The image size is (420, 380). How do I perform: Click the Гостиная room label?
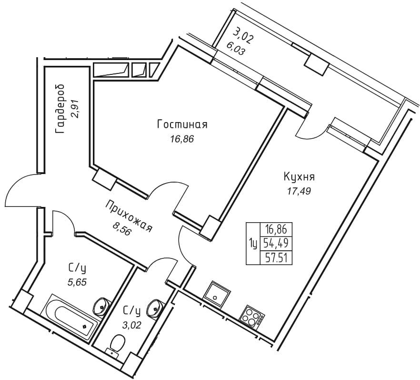tap(182, 125)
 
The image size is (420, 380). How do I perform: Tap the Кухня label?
tap(299, 177)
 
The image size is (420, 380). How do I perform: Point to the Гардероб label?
tap(60, 109)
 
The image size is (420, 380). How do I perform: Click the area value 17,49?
tap(299, 191)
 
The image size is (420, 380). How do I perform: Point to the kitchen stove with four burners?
tap(252, 318)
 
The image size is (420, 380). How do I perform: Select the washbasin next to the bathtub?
tap(101, 306)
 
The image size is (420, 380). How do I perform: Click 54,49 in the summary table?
tap(276, 243)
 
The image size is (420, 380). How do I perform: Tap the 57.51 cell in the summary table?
tap(276, 258)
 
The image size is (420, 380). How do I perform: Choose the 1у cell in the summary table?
tap(253, 244)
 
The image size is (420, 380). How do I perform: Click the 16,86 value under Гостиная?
tap(181, 139)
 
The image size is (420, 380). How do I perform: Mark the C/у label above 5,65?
tap(77, 268)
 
